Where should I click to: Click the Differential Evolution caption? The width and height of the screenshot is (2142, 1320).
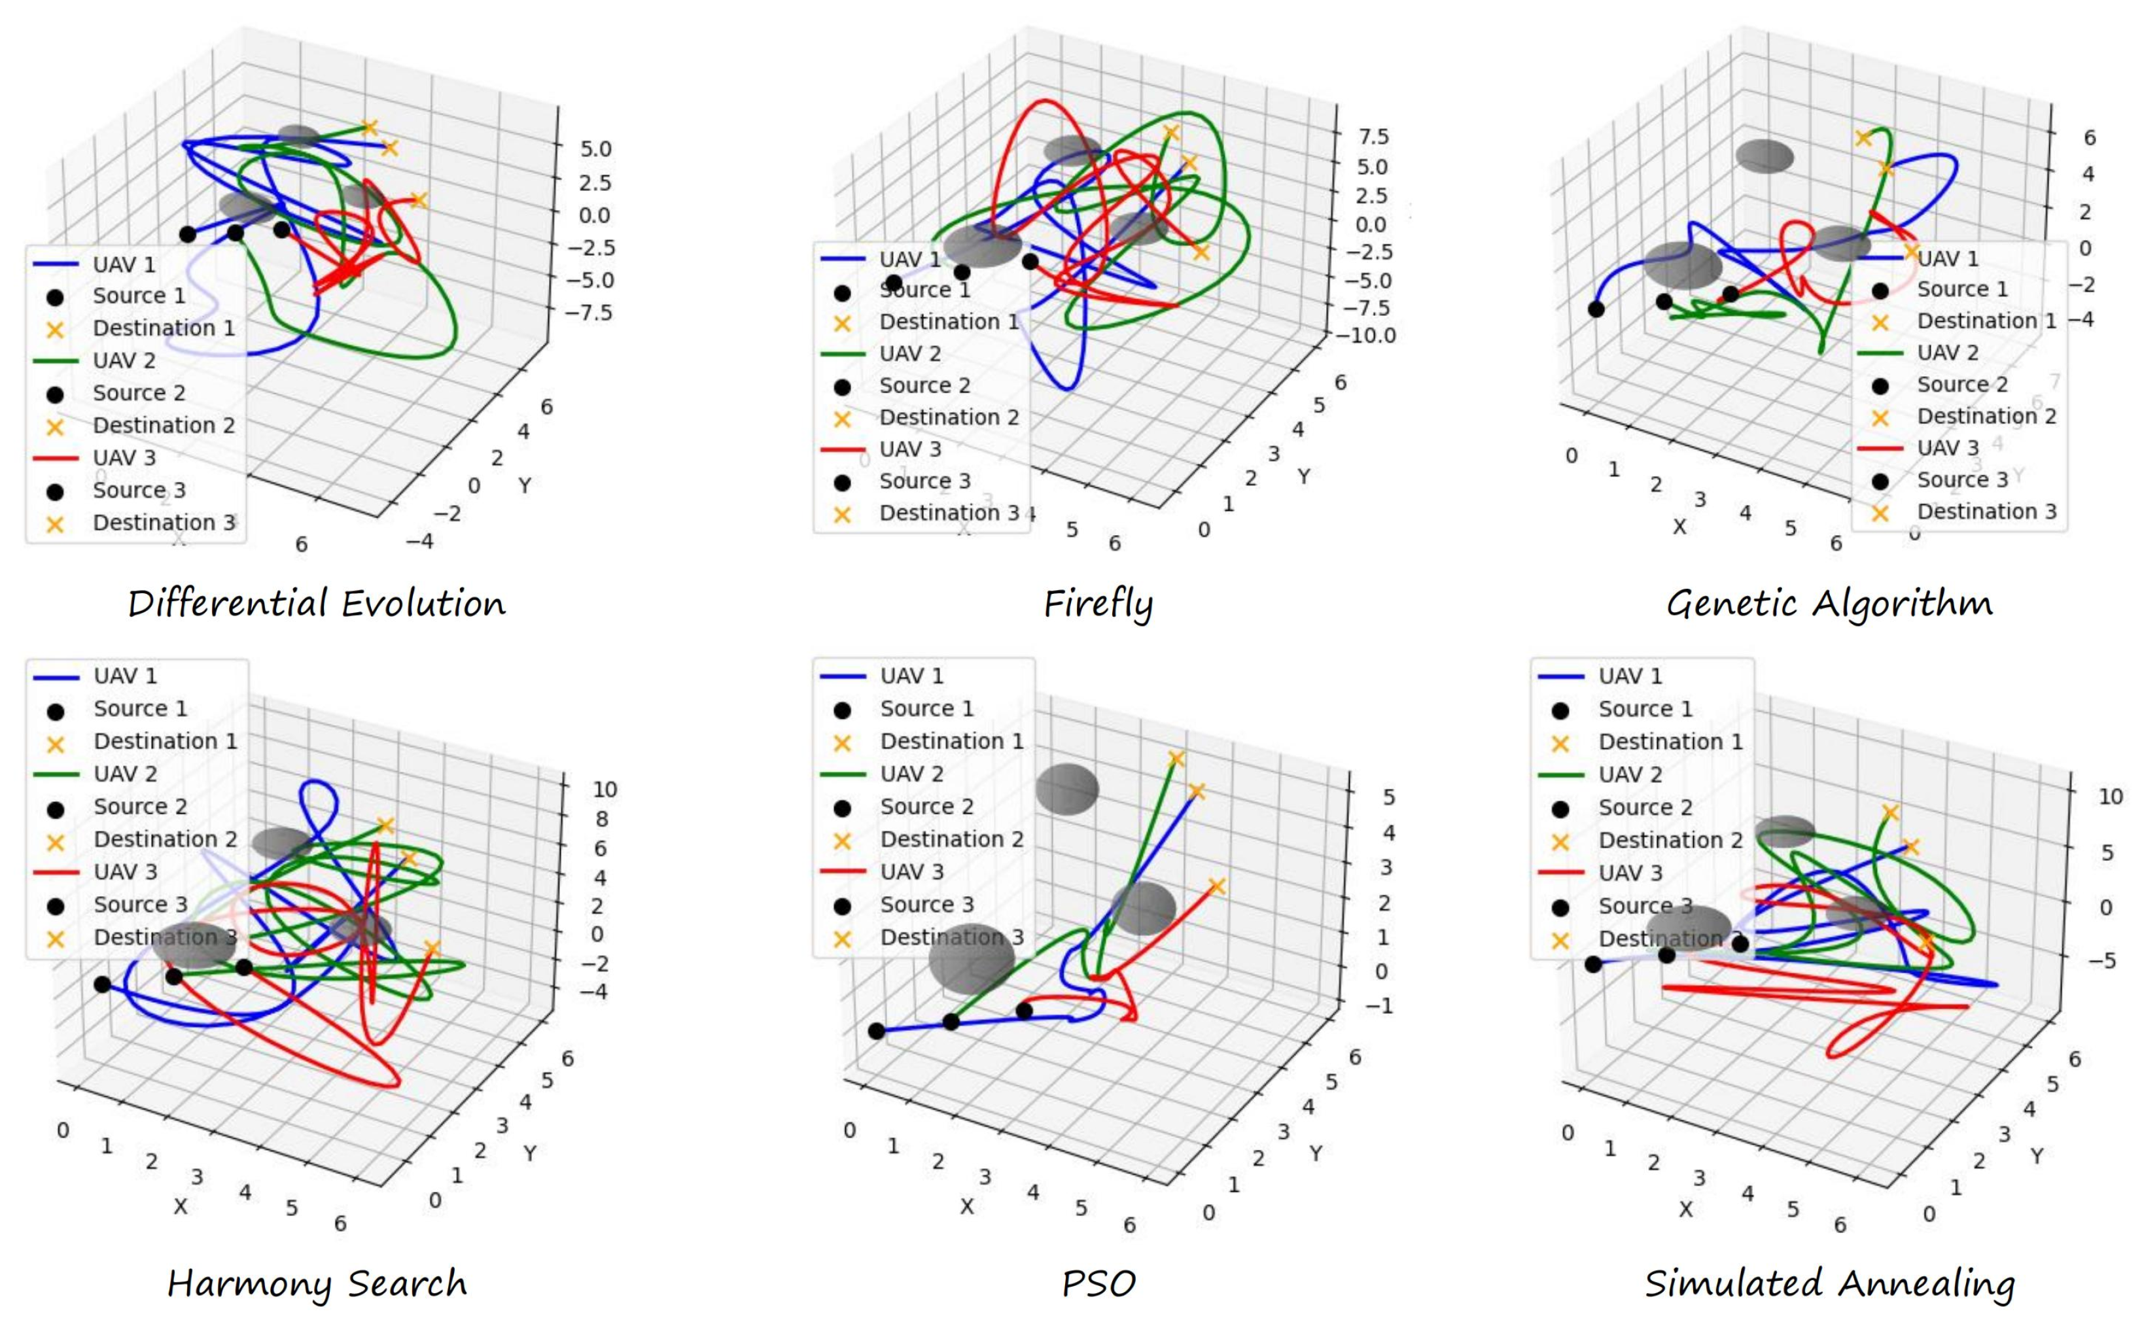click(316, 603)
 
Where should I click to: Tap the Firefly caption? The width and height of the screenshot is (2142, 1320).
click(1098, 603)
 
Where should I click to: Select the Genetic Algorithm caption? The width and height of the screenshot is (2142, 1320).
click(1829, 603)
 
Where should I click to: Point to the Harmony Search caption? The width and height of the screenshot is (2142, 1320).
click(316, 1283)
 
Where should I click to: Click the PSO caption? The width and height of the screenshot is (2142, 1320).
click(1098, 1283)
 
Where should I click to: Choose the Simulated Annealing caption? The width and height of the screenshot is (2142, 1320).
click(1829, 1283)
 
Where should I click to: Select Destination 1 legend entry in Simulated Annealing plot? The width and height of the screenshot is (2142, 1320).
click(1670, 741)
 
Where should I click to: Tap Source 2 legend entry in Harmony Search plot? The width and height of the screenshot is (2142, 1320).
click(140, 806)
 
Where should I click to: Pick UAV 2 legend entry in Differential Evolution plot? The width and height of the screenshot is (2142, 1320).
click(124, 360)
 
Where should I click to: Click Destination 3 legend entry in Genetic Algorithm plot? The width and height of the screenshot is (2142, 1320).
click(1986, 511)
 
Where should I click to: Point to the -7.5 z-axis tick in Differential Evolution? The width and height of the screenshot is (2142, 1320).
click(589, 313)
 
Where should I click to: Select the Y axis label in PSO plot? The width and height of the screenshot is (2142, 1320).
click(1316, 1153)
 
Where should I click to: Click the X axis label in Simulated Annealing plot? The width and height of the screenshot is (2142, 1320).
click(1685, 1209)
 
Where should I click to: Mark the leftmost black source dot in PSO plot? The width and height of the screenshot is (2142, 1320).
click(877, 1031)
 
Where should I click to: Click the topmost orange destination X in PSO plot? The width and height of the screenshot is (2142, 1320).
click(1176, 759)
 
